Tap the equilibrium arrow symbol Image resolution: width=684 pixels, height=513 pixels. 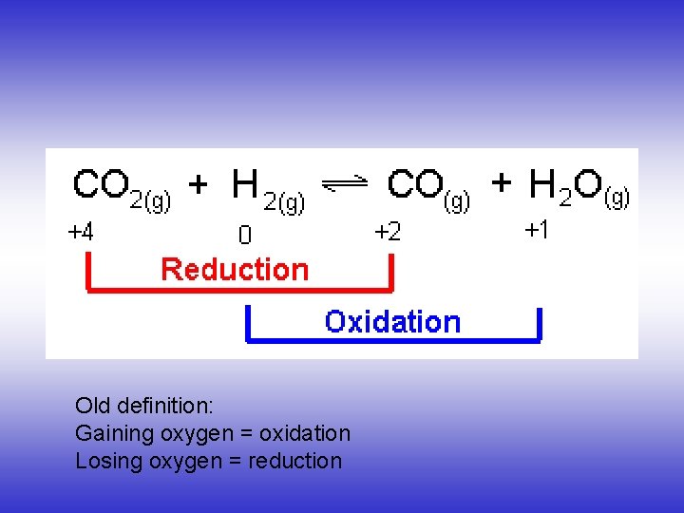point(346,187)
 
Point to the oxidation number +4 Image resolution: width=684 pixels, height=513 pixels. point(81,232)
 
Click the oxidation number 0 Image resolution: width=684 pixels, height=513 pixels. point(244,234)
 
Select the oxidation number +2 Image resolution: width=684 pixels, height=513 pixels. point(388,232)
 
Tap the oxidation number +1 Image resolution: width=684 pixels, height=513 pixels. point(537,230)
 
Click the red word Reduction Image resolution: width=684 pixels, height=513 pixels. point(235,270)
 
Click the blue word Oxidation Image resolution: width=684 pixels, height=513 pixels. point(392,321)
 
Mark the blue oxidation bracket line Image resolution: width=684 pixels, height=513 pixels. point(392,339)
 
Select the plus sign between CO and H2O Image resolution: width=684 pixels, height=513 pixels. point(502,183)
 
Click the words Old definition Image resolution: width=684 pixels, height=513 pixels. point(144,406)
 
